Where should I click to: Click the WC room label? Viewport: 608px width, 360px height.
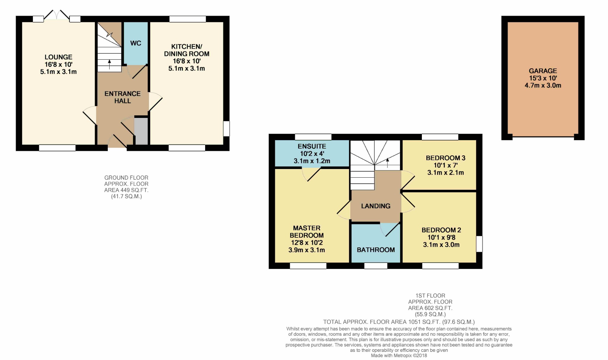pos(136,43)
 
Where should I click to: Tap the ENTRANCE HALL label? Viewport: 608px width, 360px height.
pos(123,97)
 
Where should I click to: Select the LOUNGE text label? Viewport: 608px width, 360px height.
pos(58,57)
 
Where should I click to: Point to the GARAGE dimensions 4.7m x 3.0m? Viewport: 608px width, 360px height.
pos(543,86)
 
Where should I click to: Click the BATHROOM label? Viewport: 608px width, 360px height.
pos(376,250)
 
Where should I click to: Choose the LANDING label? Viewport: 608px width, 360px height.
pos(376,206)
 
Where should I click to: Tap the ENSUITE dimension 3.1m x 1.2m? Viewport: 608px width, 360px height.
pos(312,161)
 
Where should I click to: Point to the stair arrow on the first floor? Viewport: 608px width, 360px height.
pos(387,163)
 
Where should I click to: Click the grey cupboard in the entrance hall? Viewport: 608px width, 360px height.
pos(141,131)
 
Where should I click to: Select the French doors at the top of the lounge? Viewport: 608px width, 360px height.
pos(57,16)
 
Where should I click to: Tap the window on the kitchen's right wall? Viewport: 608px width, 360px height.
pos(226,129)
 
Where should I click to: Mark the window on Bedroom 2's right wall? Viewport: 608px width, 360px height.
pos(479,244)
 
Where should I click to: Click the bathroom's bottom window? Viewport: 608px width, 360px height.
pos(376,266)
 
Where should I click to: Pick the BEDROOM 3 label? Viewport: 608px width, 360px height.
pos(446,158)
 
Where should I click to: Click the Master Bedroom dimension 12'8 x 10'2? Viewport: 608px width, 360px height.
pos(307,243)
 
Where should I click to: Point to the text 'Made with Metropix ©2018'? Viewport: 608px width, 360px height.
pos(399,356)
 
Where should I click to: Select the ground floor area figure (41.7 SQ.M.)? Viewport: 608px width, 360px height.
pos(126,196)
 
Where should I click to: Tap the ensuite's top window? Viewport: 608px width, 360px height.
pos(313,137)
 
